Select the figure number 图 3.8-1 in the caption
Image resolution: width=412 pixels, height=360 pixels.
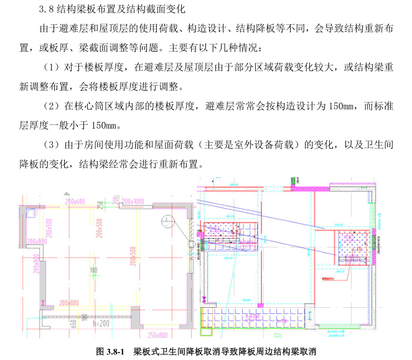[x=113, y=351]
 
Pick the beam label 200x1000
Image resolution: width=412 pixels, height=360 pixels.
[x=133, y=201]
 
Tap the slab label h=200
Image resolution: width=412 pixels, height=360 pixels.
[x=101, y=324]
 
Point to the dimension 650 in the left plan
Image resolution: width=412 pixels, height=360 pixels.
[x=74, y=323]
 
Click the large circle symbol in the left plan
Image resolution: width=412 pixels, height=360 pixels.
[x=167, y=222]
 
